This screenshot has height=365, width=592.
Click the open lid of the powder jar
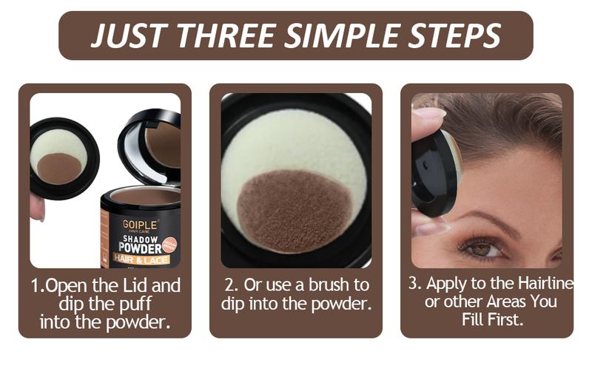pos(152,144)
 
